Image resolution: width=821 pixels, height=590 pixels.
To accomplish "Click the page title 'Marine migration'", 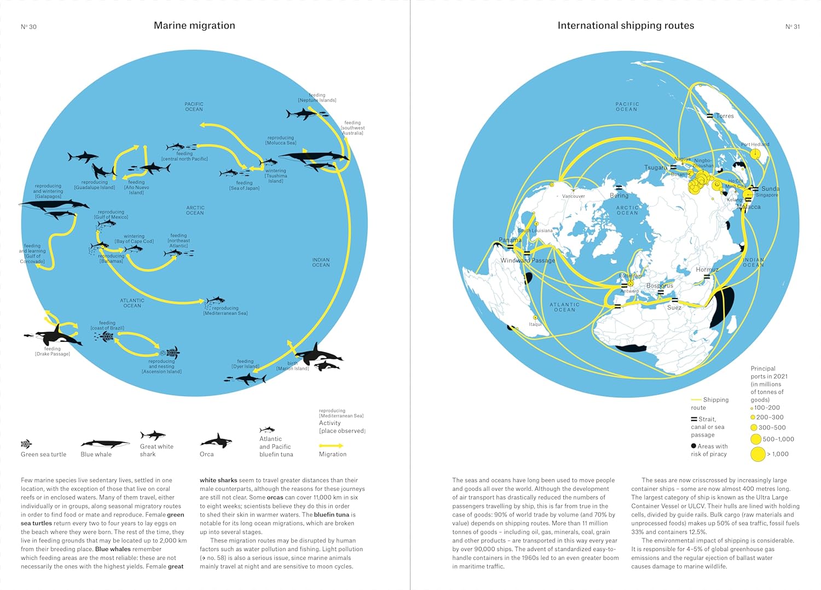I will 194,26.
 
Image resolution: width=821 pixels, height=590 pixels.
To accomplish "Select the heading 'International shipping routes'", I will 626,26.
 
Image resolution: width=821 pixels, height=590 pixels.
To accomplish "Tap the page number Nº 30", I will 28,27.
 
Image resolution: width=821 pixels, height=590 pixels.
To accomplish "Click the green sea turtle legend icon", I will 26,444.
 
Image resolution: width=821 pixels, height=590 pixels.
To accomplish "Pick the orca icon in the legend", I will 216,440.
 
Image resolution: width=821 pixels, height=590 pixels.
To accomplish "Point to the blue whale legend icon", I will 105,444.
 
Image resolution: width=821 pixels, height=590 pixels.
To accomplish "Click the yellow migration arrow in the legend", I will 331,445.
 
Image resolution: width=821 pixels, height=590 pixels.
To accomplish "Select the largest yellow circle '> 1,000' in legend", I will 758,454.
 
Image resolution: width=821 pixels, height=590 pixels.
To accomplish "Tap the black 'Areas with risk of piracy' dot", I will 693,446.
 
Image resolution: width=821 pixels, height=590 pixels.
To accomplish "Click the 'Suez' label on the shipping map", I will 674,308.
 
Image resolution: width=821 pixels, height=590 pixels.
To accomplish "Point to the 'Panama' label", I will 510,240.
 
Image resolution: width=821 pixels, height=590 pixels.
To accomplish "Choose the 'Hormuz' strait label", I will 707,270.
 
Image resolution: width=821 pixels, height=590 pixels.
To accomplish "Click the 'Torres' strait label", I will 725,116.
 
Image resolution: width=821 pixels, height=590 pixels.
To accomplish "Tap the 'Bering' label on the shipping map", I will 619,196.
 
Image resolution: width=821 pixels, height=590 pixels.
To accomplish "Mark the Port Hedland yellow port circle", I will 755,154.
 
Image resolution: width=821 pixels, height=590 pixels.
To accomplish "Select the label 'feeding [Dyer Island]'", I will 245,364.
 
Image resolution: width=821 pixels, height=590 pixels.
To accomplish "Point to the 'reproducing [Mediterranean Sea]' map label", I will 226,311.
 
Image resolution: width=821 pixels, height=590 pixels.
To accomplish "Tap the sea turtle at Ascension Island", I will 172,352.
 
